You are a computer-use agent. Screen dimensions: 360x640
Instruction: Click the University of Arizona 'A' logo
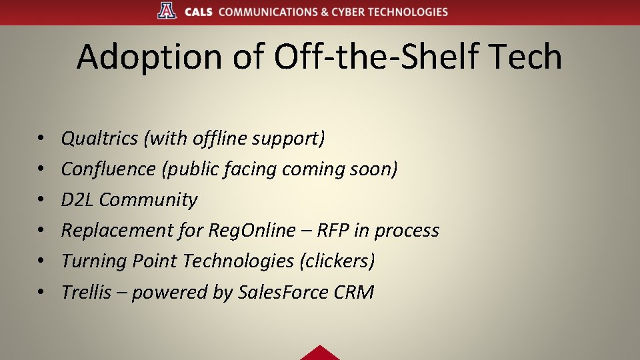click(x=167, y=11)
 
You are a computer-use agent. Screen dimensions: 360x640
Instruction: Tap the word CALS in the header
click(x=198, y=12)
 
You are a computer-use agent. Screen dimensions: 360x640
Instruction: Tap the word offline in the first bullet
click(x=219, y=139)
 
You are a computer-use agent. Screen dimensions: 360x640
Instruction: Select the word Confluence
click(x=108, y=169)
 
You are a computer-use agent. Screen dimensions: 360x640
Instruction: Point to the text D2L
click(x=77, y=200)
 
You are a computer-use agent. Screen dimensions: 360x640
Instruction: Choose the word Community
click(x=149, y=200)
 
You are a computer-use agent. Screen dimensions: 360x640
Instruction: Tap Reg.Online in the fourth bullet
click(x=251, y=231)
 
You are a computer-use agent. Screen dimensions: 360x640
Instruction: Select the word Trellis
click(x=86, y=292)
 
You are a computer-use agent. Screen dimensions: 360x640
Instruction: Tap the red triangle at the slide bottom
click(x=320, y=353)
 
